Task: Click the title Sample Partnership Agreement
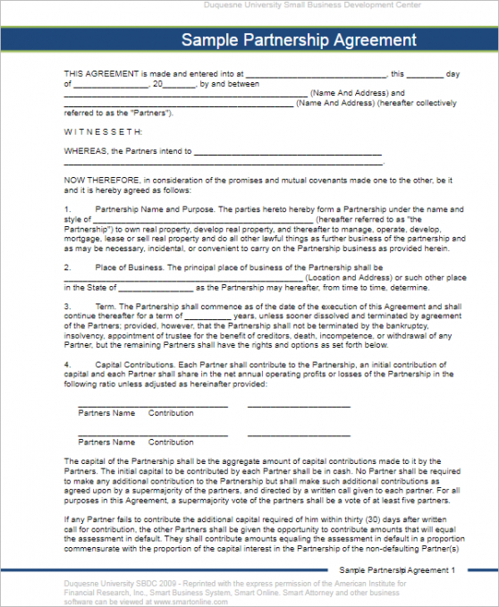[x=299, y=40]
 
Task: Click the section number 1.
[x=67, y=209]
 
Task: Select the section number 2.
[x=67, y=267]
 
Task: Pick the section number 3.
[x=67, y=306]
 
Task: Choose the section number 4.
[x=67, y=364]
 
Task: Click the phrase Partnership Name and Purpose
[x=153, y=209]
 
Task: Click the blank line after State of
[x=154, y=289]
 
